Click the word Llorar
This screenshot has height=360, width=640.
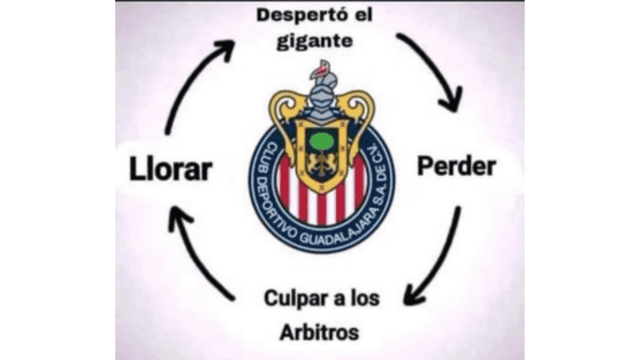pos(170,169)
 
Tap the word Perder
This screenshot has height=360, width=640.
pos(456,166)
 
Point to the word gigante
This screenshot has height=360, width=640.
pos(314,42)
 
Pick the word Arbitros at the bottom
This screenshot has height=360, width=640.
pos(319,332)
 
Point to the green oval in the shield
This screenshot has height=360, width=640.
pos(322,142)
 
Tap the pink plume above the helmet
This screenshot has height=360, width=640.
pos(322,70)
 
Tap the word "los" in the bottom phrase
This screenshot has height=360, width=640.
pos(366,298)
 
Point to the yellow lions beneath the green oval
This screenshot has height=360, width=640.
pos(322,162)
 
